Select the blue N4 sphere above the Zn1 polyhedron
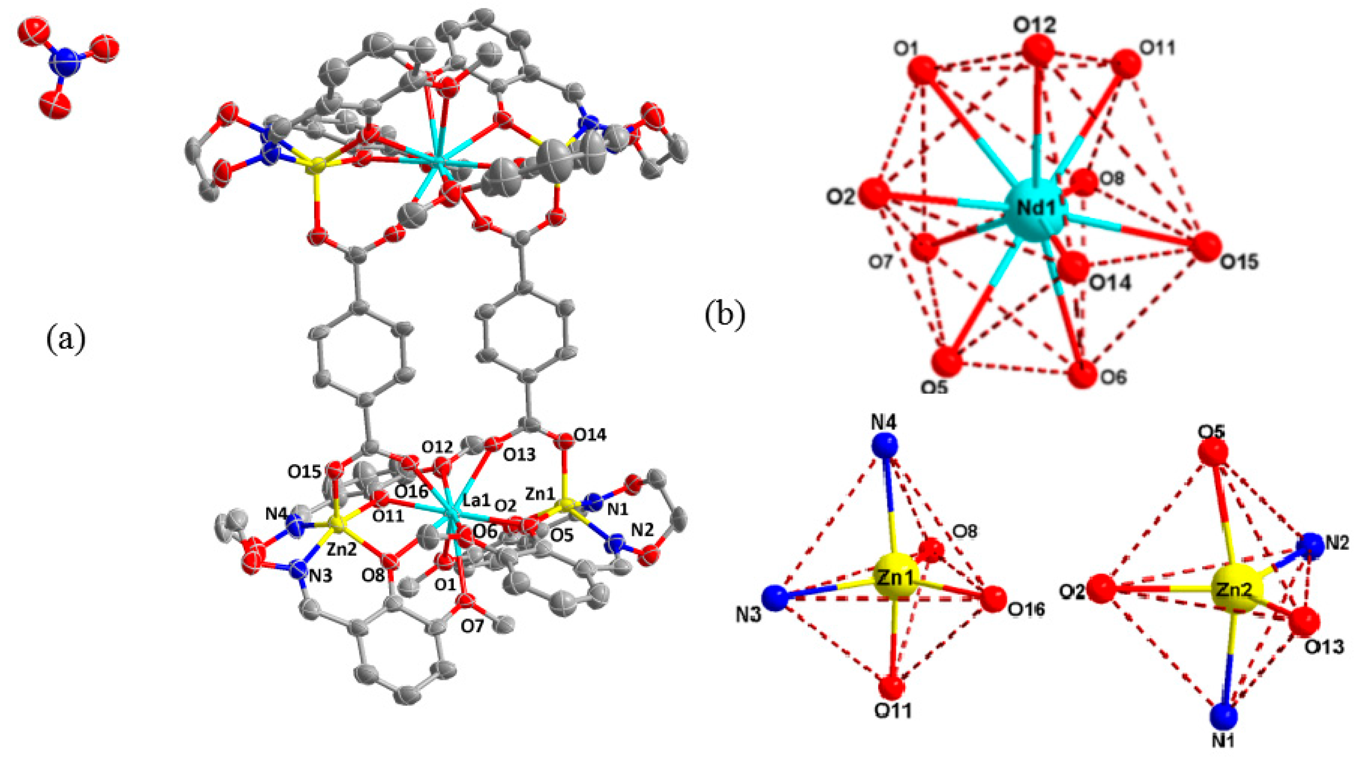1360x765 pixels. click(x=884, y=446)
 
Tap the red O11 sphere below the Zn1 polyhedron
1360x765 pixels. click(x=893, y=688)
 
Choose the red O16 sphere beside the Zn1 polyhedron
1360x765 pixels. click(x=994, y=599)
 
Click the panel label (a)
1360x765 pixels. click(x=66, y=340)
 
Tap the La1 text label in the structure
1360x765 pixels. click(x=477, y=500)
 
